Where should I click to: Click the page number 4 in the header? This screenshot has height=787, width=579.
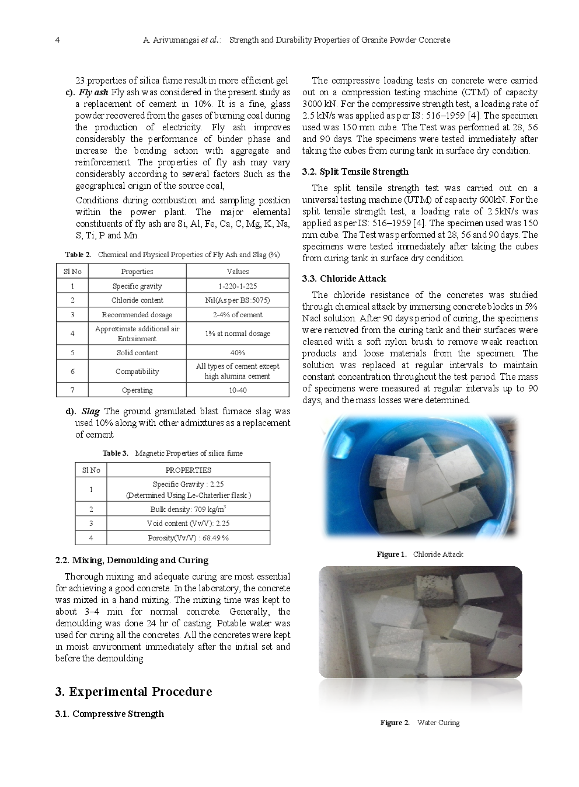[57, 40]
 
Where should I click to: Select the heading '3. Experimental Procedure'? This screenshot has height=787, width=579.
[133, 692]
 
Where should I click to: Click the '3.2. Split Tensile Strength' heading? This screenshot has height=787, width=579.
[355, 172]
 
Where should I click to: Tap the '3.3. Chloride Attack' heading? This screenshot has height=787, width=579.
[344, 279]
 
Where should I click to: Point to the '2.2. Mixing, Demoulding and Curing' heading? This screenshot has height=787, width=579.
[131, 560]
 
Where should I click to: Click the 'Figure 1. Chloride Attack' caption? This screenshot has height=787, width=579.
[420, 554]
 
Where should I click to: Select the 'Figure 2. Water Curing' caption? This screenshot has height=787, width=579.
[420, 723]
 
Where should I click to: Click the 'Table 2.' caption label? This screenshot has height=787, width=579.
[78, 255]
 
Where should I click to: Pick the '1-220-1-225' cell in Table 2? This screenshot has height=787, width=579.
[238, 286]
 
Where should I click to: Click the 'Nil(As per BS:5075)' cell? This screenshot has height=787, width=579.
[238, 300]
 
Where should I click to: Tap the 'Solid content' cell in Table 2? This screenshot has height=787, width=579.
[137, 353]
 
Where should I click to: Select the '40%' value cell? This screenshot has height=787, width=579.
[238, 353]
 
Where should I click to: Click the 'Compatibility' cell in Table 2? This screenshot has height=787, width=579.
[137, 372]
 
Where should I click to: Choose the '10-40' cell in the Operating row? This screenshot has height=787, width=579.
[238, 390]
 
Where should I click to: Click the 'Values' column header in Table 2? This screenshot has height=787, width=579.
[238, 272]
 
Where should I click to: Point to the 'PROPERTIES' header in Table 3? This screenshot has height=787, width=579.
[188, 470]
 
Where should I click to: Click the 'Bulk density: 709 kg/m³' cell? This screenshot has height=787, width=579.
[188, 509]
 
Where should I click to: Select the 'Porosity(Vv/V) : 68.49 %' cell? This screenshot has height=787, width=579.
[188, 538]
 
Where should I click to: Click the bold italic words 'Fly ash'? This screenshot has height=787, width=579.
[93, 92]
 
